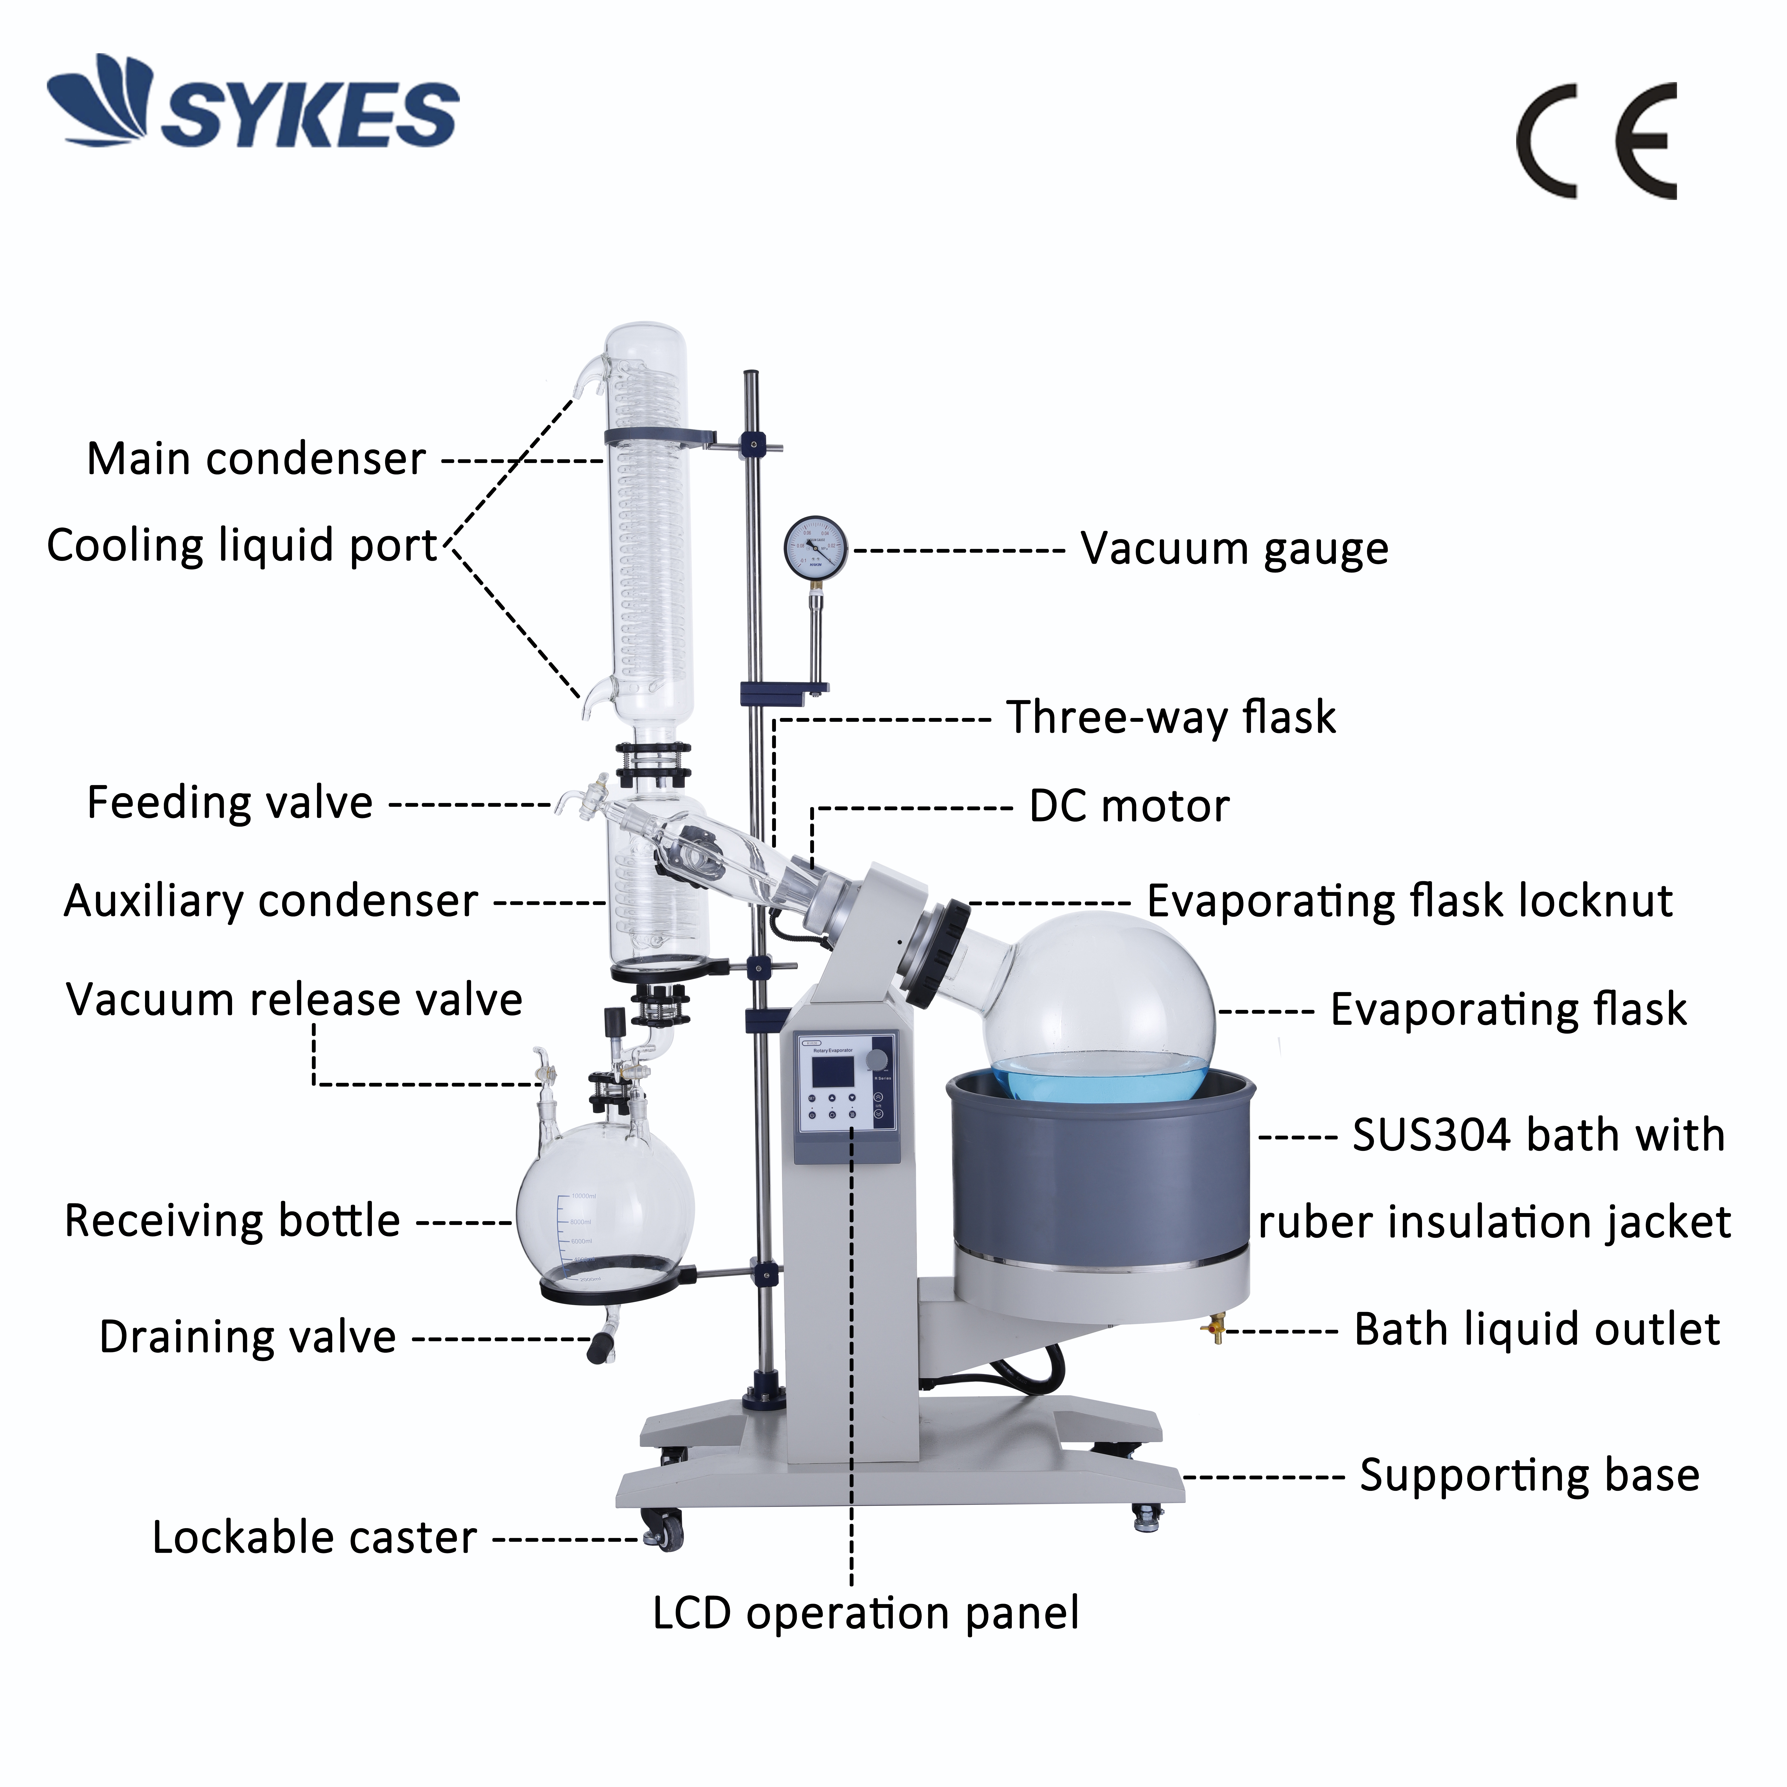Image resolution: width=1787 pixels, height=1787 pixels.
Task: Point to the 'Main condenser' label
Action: (x=256, y=459)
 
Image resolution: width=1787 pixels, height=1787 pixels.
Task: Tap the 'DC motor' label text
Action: (x=1129, y=806)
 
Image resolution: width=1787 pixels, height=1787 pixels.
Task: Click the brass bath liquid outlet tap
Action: (x=1215, y=1331)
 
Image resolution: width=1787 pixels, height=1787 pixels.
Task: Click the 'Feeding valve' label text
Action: (x=229, y=803)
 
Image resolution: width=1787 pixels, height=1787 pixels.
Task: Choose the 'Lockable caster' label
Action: (x=314, y=1538)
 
